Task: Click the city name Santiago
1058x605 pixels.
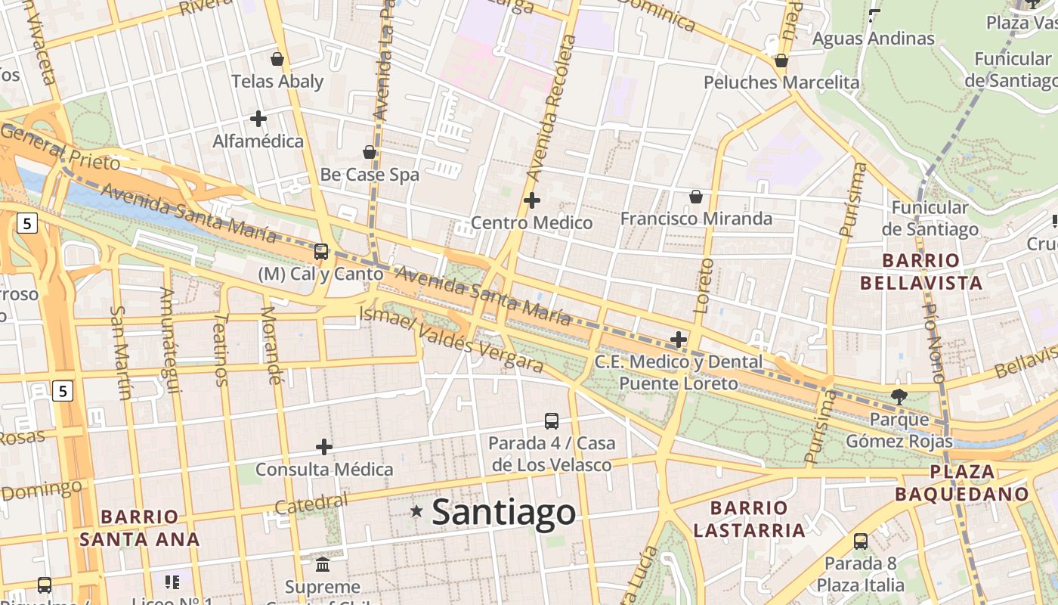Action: tap(504, 512)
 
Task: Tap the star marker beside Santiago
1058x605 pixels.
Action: tap(416, 512)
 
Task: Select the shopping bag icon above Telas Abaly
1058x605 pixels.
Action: tap(277, 59)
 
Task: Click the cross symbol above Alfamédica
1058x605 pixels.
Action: tap(258, 119)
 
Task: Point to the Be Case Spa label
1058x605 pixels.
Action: tap(370, 175)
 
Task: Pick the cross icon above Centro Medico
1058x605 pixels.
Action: tap(532, 200)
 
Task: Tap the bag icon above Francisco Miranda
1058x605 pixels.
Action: tap(696, 197)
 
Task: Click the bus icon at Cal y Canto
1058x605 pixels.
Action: tap(321, 252)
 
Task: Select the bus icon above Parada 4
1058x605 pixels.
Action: tap(552, 421)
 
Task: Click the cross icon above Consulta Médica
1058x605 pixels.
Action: tap(324, 447)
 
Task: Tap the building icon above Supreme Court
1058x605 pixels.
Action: tap(323, 565)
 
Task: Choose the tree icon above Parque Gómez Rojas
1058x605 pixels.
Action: tap(899, 396)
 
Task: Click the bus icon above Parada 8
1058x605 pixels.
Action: tap(860, 541)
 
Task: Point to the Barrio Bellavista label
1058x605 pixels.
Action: tap(921, 272)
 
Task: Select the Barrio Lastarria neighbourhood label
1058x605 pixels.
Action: tap(749, 519)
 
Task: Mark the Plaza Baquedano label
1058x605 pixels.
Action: tap(962, 483)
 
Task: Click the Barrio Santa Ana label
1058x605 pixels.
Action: tap(140, 528)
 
